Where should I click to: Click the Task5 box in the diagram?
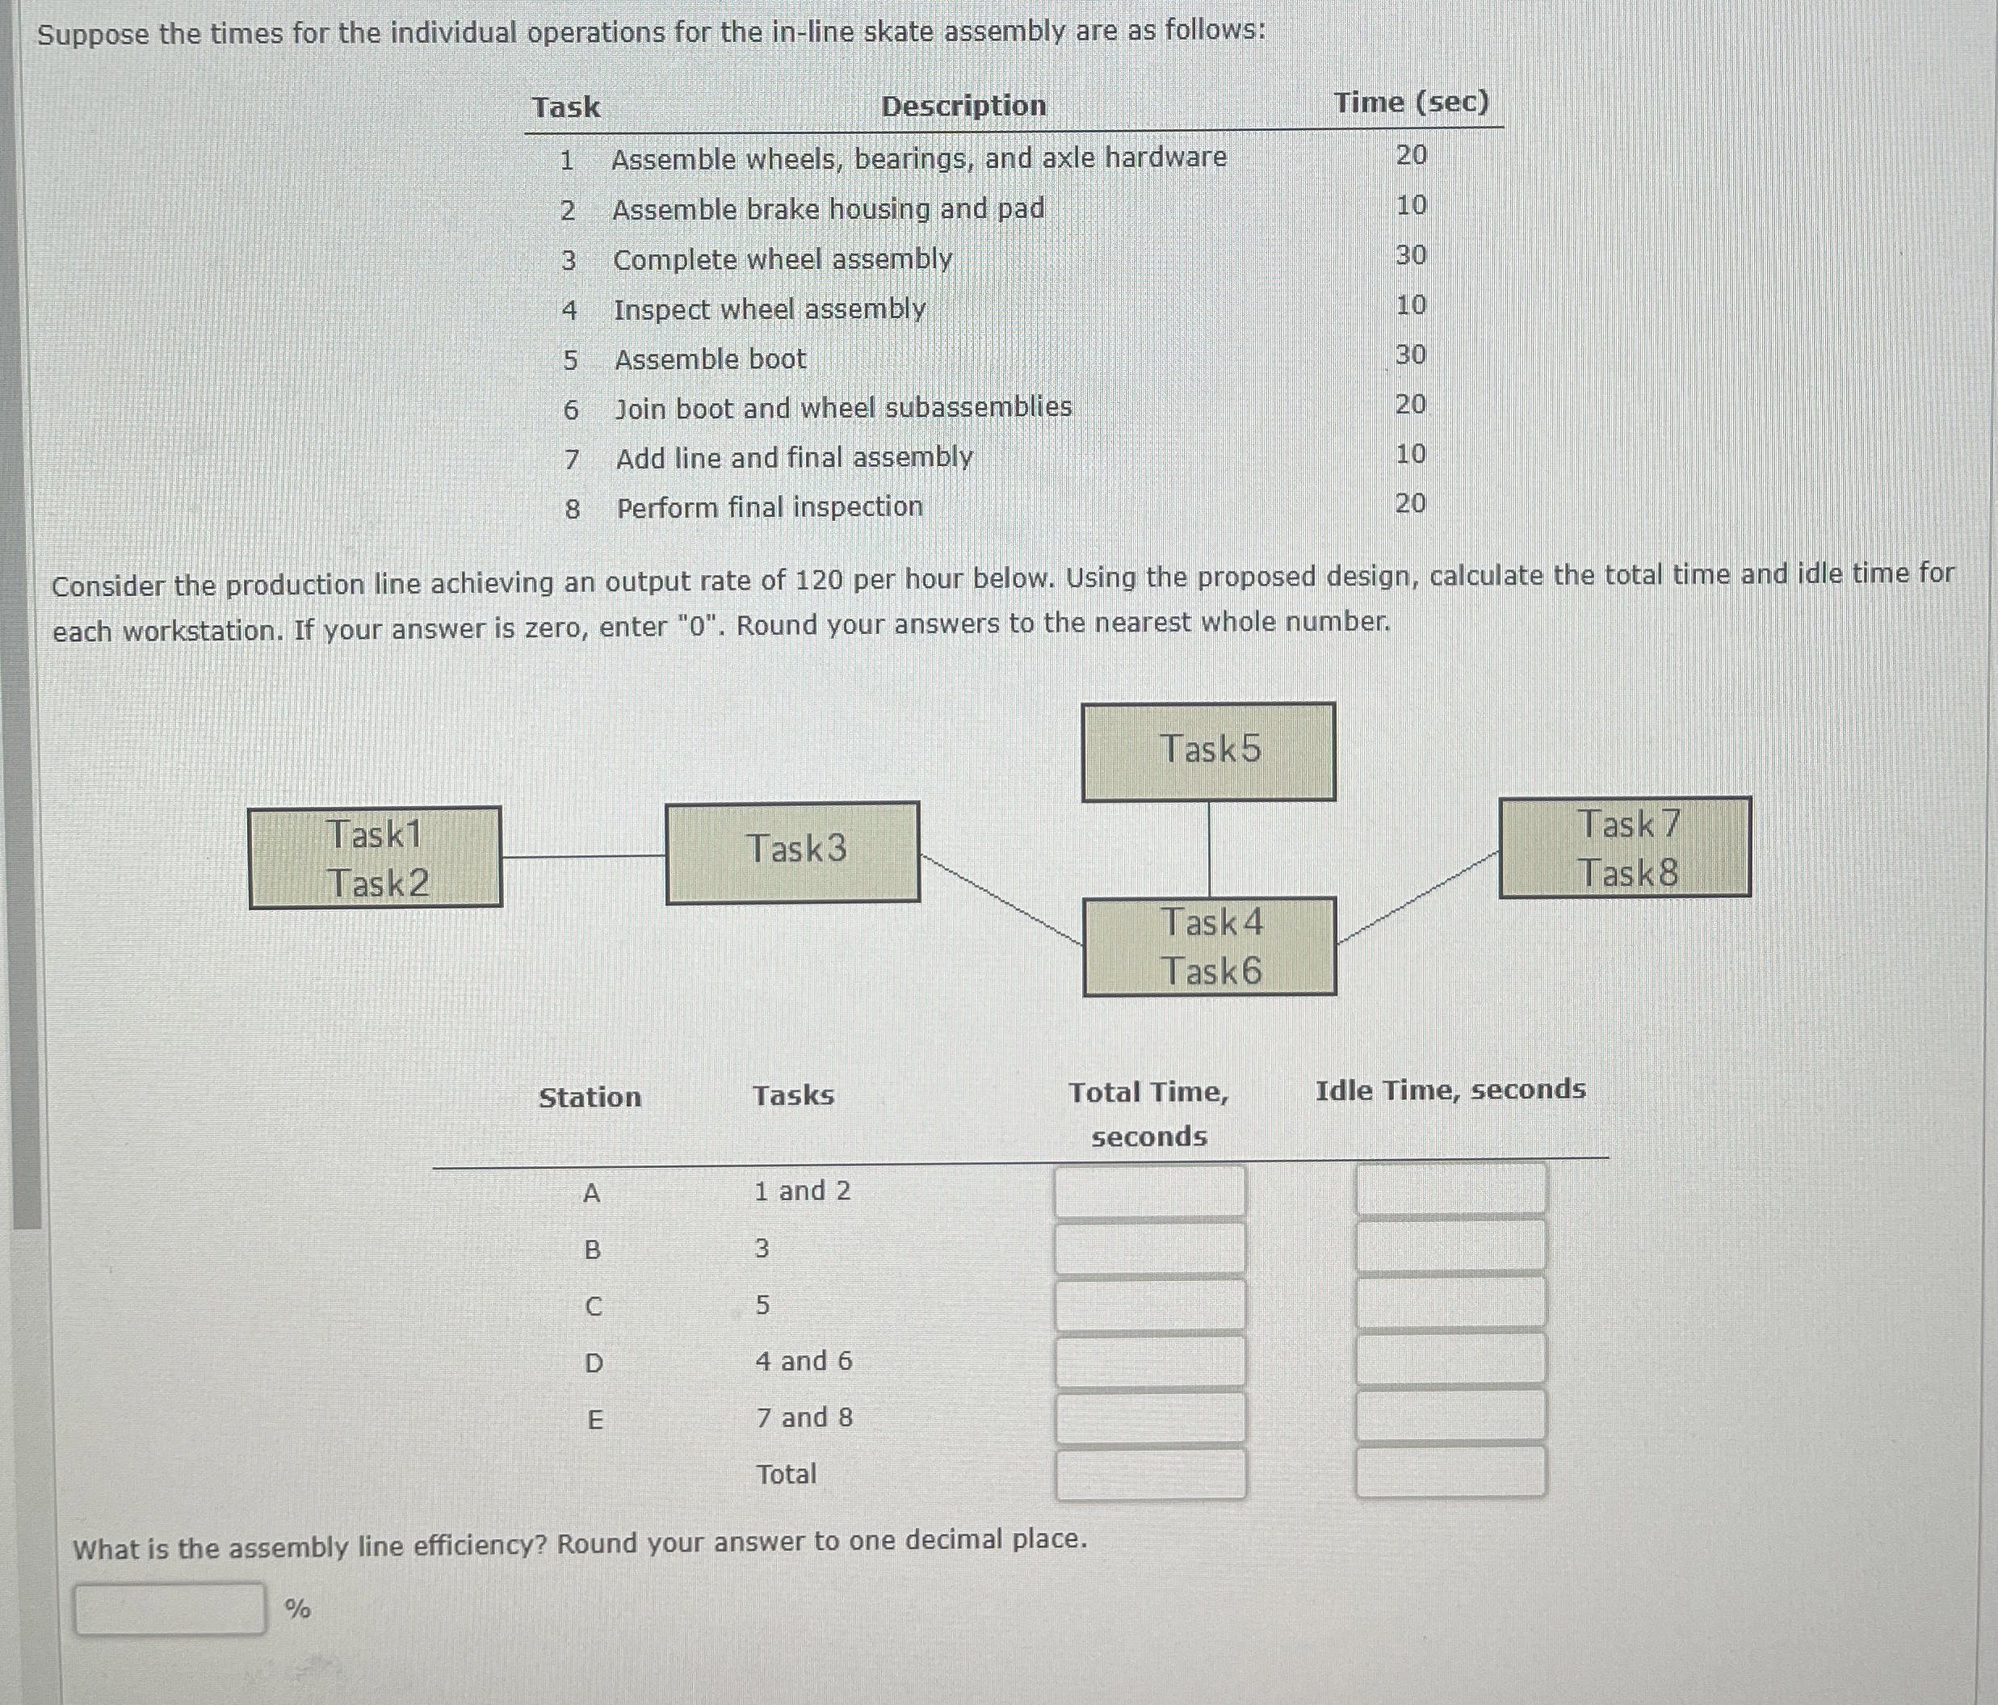coord(1208,751)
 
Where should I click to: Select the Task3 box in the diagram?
coord(792,853)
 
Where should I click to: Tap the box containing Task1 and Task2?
coord(375,857)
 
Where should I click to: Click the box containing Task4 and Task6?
coord(1209,946)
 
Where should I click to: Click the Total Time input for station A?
coord(1149,1191)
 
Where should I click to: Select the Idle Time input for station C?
coord(1450,1303)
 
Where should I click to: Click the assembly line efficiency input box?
coord(170,1607)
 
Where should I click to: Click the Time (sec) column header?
coord(1411,103)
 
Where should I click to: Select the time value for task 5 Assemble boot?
coord(1410,355)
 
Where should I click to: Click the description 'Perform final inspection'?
coord(770,507)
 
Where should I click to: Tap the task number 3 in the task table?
coord(568,260)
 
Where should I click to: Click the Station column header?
coord(590,1098)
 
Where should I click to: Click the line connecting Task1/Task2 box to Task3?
coord(583,855)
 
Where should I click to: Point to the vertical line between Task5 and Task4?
coord(1209,849)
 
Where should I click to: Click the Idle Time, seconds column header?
coord(1450,1090)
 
